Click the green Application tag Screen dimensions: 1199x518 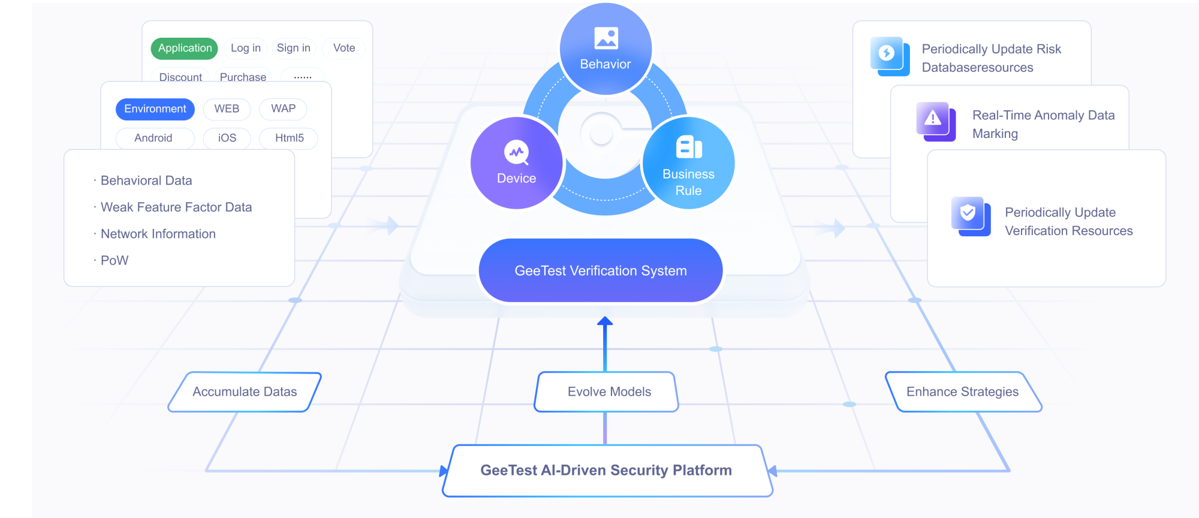click(x=185, y=48)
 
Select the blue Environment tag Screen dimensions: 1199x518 click(x=155, y=109)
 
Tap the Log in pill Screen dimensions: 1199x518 click(x=246, y=48)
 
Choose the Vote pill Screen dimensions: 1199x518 click(x=344, y=48)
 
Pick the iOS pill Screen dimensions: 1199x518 click(x=227, y=138)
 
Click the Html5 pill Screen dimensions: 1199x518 click(x=289, y=138)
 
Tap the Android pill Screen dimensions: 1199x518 click(x=154, y=138)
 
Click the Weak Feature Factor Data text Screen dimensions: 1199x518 click(x=176, y=207)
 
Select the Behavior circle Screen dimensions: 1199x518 click(x=605, y=49)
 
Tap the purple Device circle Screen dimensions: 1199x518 click(x=517, y=163)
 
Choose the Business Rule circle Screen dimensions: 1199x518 click(x=689, y=163)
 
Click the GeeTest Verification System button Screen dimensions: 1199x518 click(x=601, y=270)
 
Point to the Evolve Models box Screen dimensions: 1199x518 click(x=606, y=392)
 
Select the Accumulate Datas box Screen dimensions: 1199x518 click(x=245, y=392)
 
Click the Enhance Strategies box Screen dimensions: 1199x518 click(x=963, y=392)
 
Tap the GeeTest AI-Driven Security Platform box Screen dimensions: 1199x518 click(x=607, y=471)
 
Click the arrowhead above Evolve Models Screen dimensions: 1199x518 click(x=605, y=321)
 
